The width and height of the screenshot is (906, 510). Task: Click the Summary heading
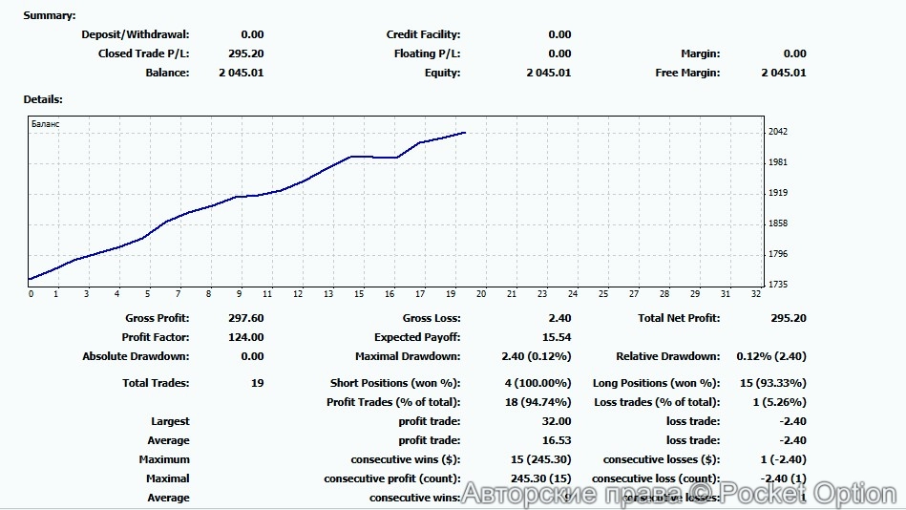coord(49,15)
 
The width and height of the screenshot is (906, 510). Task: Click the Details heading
coord(43,99)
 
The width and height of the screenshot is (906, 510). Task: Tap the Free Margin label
coord(687,73)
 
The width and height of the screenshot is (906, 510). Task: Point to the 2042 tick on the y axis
coord(778,132)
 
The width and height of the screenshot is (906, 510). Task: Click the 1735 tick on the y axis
coord(778,285)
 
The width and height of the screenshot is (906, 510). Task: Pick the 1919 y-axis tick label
coord(778,193)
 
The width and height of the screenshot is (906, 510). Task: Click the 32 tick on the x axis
coord(757,294)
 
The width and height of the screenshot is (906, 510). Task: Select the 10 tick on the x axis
coord(267,294)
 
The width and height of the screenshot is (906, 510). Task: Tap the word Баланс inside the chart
coord(45,124)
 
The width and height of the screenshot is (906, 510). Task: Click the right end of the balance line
coord(465,133)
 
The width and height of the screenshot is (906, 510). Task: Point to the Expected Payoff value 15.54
coord(556,337)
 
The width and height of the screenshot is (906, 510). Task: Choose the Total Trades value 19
coord(257,383)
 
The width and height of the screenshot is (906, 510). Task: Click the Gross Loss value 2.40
coord(559,318)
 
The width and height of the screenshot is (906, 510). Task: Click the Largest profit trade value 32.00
coord(556,421)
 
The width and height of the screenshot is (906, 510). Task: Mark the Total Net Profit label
coord(679,318)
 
